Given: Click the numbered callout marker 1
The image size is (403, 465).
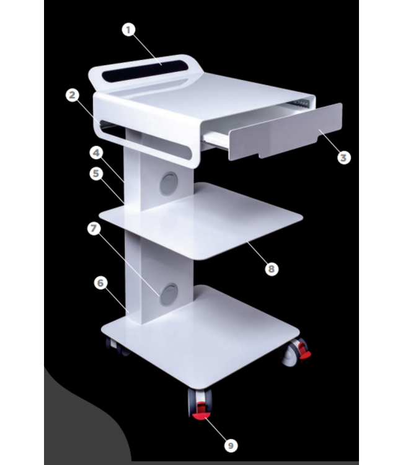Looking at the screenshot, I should (128, 29).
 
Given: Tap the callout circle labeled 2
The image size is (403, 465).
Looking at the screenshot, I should (73, 95).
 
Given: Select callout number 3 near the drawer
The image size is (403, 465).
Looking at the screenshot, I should (344, 157).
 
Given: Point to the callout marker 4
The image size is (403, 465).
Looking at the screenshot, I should (96, 151).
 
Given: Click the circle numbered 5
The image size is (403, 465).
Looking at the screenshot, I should (96, 174).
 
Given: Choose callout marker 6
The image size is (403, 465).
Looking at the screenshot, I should (101, 283).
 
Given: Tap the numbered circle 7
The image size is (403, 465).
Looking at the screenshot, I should (94, 228).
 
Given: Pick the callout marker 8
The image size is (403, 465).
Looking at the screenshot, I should (271, 268).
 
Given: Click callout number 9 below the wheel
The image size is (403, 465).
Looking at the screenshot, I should (231, 445).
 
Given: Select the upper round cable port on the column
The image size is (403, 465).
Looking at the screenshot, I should (169, 183).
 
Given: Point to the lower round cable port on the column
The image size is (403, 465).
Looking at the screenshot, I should (169, 293).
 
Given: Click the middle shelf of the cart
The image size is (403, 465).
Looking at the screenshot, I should (205, 220).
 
